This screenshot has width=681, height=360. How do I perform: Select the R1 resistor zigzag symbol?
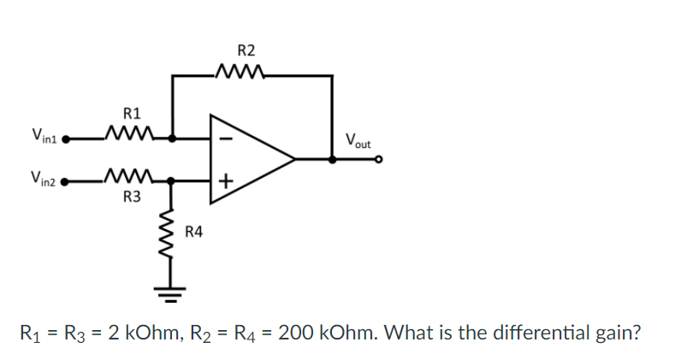pos(128,135)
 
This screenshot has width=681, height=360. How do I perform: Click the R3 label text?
pos(132,199)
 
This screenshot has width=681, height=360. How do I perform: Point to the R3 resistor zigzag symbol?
pos(128,180)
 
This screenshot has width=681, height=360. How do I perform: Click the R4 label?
pos(195,232)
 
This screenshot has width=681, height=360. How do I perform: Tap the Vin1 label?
pos(44,135)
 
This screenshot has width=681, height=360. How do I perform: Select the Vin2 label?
pos(44,180)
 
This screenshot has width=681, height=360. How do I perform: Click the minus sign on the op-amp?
pos(226,136)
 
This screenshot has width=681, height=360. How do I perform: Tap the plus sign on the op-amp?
pos(226,180)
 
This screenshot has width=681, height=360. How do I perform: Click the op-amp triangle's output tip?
pos(294,158)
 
